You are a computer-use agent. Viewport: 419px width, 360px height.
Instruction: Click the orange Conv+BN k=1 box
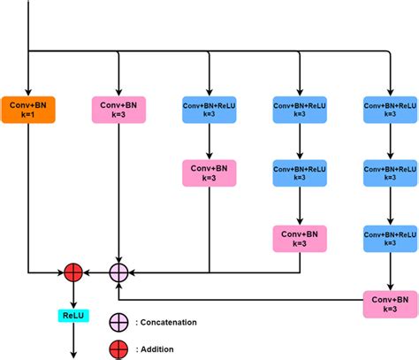28,110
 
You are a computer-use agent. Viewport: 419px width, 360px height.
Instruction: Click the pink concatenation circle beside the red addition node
118,272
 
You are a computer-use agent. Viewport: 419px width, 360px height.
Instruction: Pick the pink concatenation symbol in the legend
118,322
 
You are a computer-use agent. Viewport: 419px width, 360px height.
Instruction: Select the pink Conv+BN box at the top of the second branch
118,110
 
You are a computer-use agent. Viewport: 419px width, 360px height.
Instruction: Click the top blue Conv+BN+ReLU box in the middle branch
209,110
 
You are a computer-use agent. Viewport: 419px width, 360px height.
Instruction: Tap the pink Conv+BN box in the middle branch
209,172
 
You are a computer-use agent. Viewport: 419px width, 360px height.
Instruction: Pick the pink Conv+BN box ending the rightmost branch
390,303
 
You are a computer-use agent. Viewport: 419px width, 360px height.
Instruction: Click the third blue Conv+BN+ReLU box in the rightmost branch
390,237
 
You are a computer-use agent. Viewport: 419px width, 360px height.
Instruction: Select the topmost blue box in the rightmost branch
390,110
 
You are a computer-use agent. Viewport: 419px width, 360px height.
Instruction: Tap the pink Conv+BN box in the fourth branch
300,237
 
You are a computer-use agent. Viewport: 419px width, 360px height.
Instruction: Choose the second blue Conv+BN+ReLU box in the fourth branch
300,172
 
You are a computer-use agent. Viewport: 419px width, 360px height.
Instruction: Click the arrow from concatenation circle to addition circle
96,272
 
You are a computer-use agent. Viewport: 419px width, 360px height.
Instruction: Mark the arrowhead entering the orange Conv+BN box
28,89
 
